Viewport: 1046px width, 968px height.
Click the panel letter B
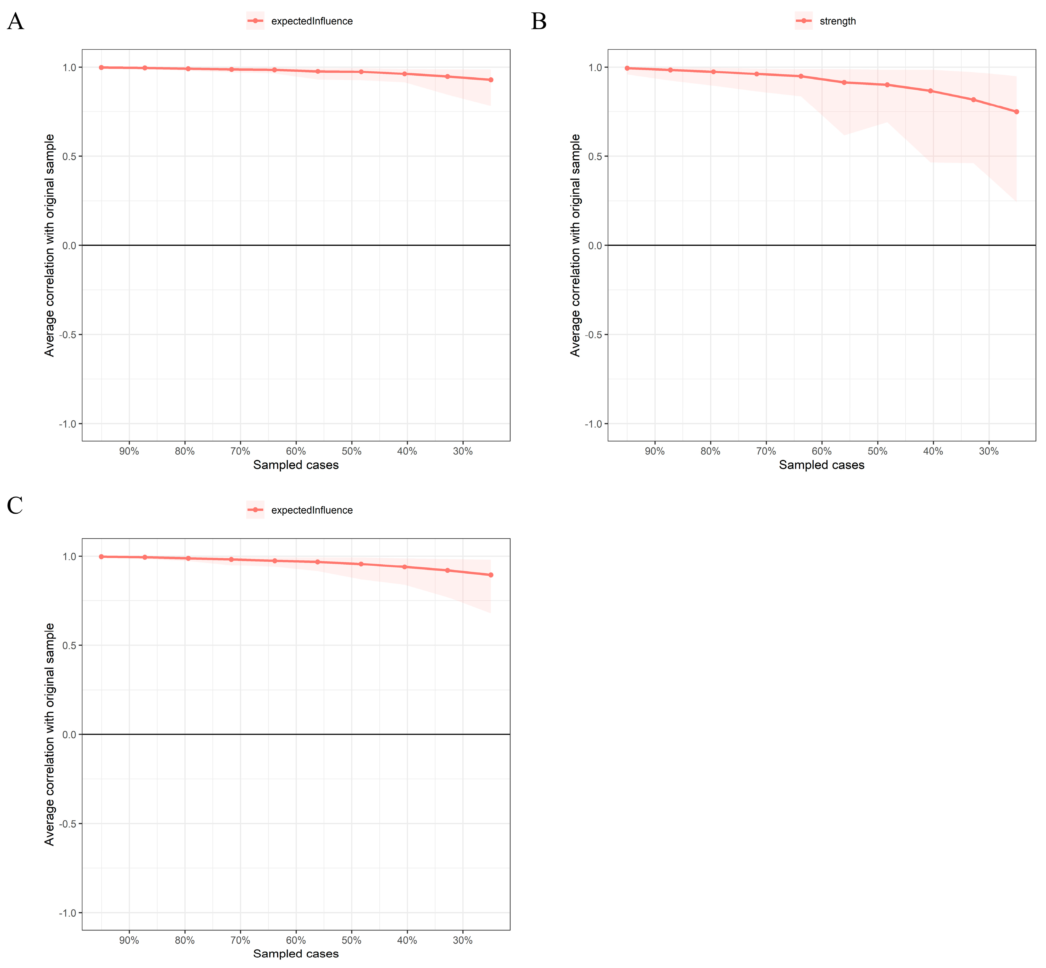(x=539, y=22)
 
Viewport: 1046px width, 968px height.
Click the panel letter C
(x=15, y=506)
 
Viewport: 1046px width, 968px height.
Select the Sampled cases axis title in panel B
(x=821, y=465)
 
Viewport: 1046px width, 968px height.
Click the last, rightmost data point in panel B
(x=1016, y=112)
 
